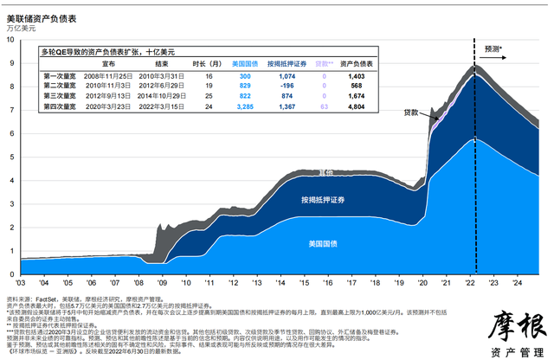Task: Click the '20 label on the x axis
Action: pos(424,282)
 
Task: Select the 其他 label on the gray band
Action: pos(303,172)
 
